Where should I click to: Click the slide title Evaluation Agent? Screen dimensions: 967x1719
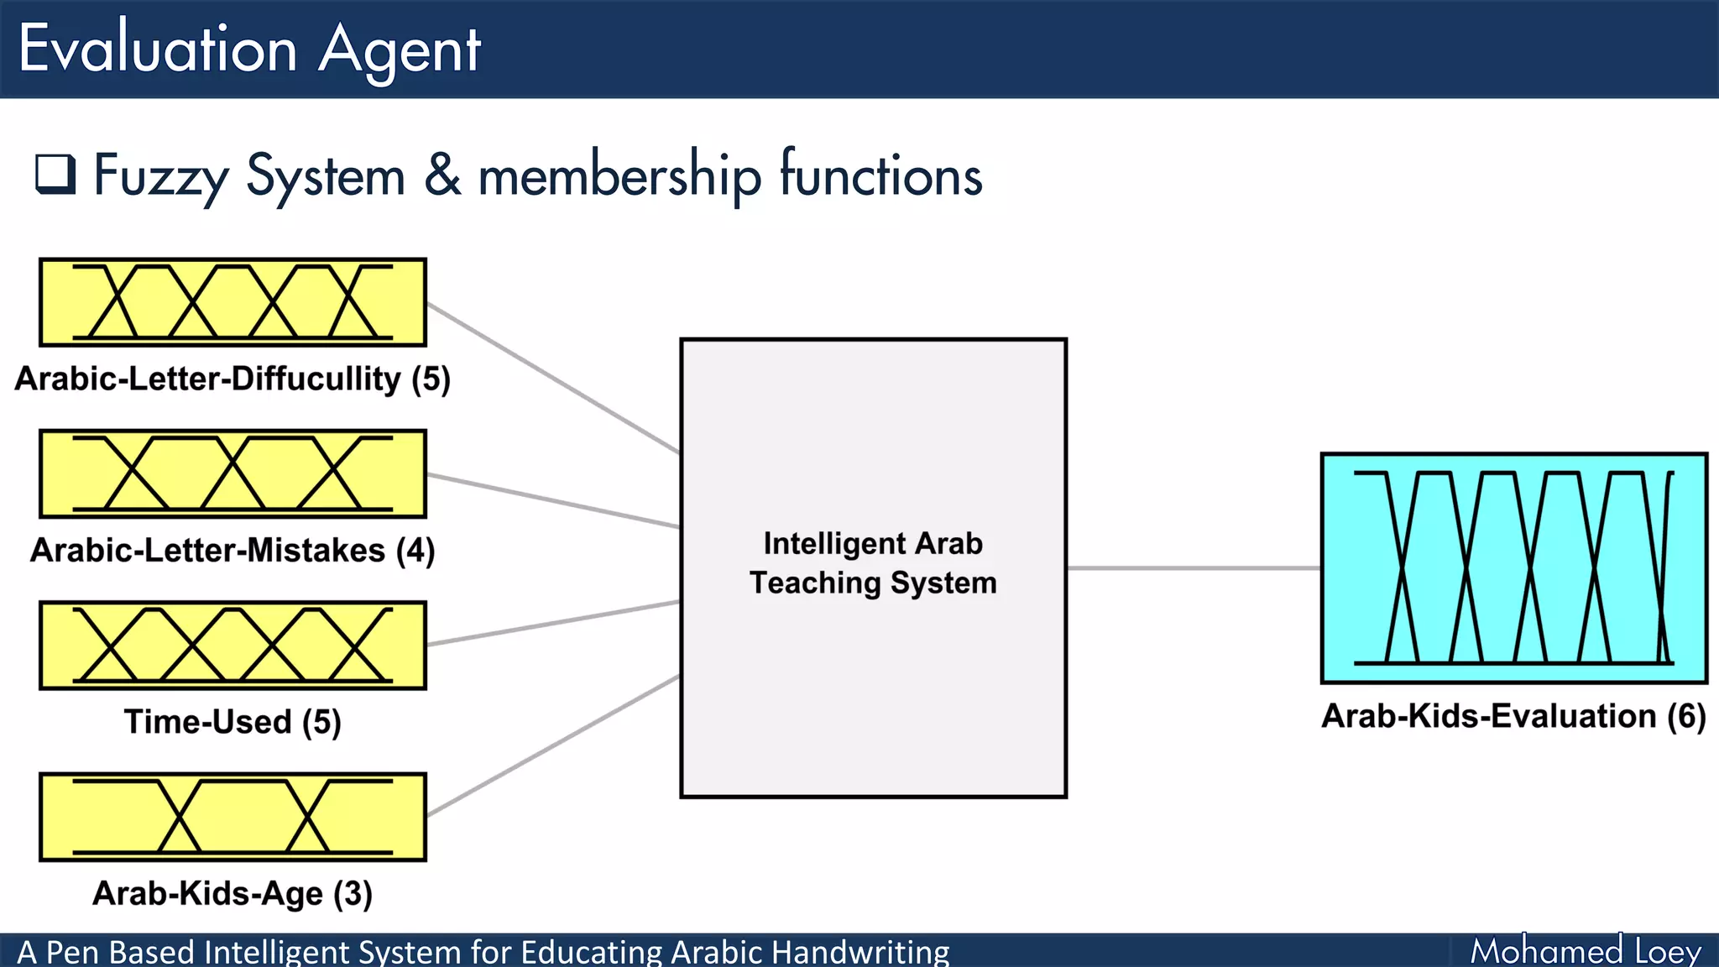(249, 49)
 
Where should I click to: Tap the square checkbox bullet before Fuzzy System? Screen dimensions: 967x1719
(55, 174)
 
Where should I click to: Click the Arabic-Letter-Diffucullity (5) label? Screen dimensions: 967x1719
(233, 379)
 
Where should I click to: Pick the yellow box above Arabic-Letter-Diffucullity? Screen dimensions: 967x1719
(233, 302)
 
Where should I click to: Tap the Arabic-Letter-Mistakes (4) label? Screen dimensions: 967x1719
(233, 551)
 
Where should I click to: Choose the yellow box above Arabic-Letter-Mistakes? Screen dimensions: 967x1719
(233, 474)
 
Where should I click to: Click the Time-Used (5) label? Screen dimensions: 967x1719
(233, 722)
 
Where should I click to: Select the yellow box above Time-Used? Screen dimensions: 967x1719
(233, 646)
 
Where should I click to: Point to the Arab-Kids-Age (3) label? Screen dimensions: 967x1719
(233, 893)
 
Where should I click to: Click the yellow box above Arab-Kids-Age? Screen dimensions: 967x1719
(233, 817)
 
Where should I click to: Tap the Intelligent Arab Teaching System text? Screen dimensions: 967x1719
(873, 563)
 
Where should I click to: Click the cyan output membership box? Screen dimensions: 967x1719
(1513, 568)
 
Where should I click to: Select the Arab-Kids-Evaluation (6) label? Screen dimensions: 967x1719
(1513, 716)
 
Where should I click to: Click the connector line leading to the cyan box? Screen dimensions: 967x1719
(1192, 568)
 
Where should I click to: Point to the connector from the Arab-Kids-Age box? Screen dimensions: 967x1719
(554, 745)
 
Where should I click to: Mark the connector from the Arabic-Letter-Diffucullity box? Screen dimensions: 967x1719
(554, 379)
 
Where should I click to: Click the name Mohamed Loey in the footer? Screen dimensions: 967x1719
(1586, 951)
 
